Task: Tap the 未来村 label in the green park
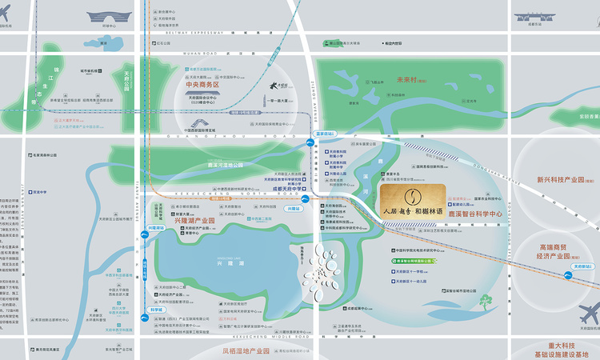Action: pos(413,79)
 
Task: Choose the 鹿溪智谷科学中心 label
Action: pos(474,214)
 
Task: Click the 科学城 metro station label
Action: pos(155,309)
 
